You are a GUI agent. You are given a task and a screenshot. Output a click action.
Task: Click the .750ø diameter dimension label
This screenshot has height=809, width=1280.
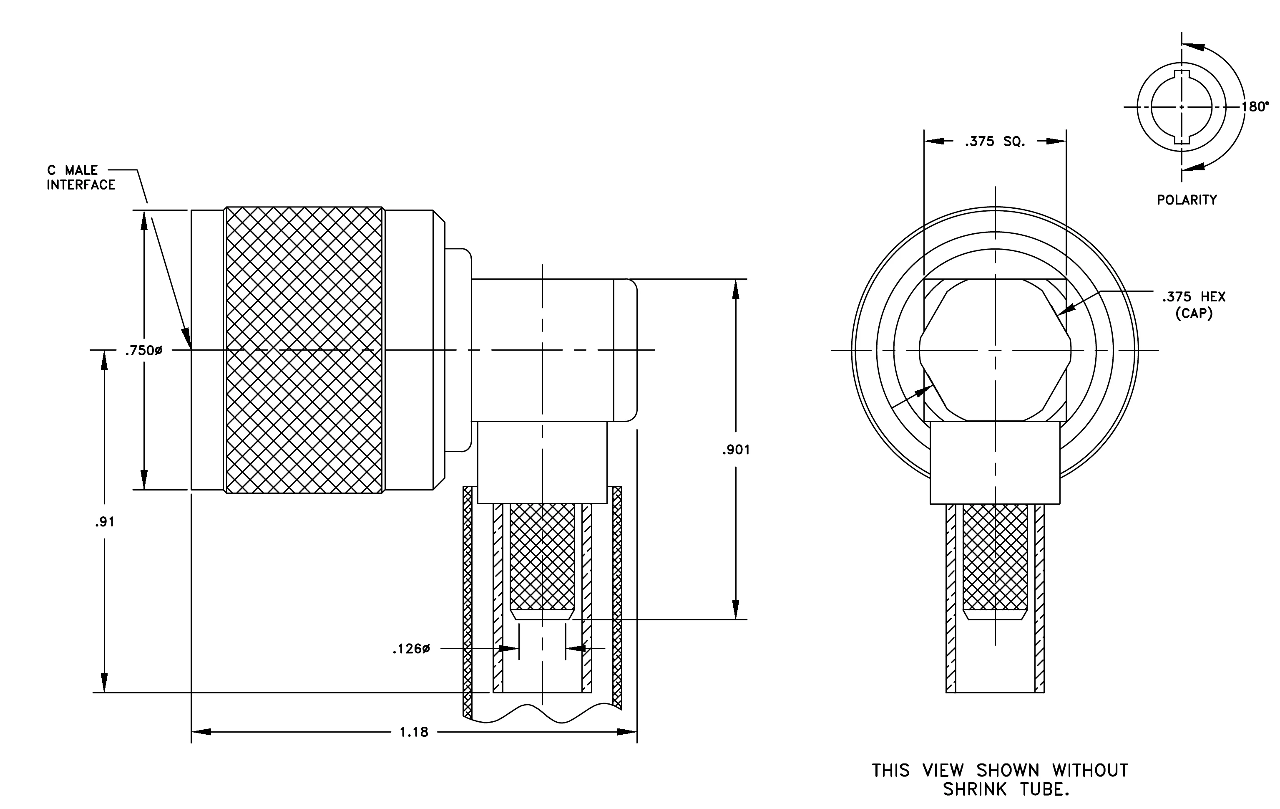[x=143, y=351]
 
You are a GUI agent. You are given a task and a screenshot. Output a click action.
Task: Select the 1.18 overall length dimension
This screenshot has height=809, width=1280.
[x=414, y=733]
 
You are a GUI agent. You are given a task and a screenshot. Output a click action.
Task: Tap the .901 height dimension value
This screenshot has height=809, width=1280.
[x=736, y=450]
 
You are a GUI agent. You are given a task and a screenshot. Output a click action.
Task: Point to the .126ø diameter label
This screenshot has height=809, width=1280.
[x=411, y=649]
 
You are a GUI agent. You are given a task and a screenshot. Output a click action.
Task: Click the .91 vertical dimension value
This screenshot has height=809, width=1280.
[x=105, y=522]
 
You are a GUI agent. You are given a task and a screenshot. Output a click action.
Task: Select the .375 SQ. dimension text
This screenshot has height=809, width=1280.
[x=995, y=142]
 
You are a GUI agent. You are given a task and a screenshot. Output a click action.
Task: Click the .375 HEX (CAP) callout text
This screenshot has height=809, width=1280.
[x=1193, y=305]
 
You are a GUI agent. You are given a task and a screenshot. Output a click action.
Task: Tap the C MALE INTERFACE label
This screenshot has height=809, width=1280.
[x=81, y=178]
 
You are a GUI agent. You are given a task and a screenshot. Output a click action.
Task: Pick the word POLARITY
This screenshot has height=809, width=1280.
[x=1187, y=200]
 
